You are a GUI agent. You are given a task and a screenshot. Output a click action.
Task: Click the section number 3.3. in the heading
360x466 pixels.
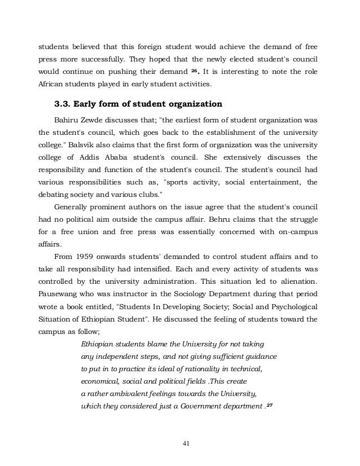[64, 104]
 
